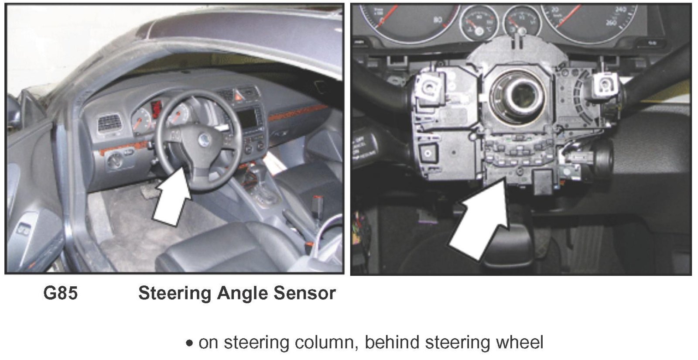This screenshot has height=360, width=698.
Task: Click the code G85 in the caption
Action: pos(61,293)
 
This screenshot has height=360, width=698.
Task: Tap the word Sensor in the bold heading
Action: pos(305,293)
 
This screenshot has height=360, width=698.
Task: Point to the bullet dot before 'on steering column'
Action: pos(189,343)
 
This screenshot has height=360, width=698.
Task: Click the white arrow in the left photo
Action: pos(172,196)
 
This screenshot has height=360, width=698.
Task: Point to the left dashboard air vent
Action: pos(109,123)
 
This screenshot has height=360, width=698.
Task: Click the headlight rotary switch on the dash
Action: pos(115,161)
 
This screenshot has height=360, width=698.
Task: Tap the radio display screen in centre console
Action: pos(247,118)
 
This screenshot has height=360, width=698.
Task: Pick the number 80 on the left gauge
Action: pos(438,20)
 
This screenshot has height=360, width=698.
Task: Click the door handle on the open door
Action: pos(24,230)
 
